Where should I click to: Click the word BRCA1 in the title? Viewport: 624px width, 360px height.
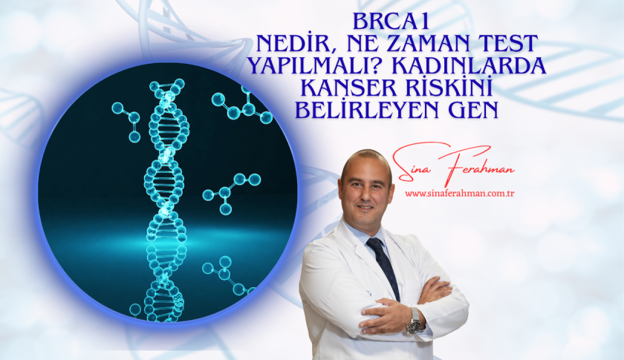pyautogui.click(x=391, y=22)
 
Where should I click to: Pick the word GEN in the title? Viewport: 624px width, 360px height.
pyautogui.click(x=474, y=110)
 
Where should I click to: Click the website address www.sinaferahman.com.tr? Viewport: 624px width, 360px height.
pyautogui.click(x=460, y=194)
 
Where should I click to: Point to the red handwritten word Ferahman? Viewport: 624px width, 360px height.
pyautogui.click(x=478, y=166)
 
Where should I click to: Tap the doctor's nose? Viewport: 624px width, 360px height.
pyautogui.click(x=364, y=196)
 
